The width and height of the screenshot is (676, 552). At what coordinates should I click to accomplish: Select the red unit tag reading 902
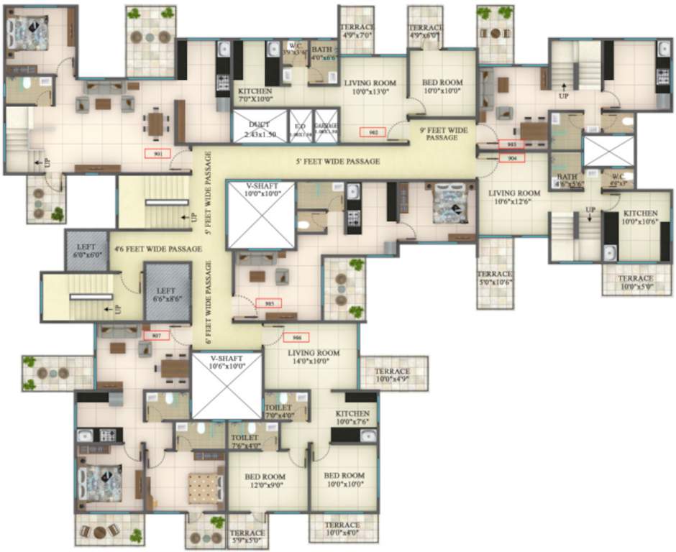click(x=373, y=132)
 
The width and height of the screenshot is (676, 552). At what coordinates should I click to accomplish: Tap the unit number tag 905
click(x=268, y=303)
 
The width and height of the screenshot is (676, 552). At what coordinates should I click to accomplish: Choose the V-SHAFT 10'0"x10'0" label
click(x=260, y=189)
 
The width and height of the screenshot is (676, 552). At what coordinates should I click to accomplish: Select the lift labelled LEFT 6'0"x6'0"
click(x=86, y=250)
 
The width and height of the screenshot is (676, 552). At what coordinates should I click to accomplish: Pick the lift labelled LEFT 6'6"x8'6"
click(x=165, y=293)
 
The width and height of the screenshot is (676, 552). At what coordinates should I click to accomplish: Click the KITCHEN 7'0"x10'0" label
click(x=255, y=96)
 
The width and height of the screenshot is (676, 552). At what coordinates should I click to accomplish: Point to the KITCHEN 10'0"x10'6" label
click(x=640, y=218)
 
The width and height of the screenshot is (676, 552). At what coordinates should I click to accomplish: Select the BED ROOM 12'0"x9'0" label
click(x=265, y=481)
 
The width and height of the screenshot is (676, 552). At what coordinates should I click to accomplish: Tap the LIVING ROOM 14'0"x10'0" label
click(x=314, y=357)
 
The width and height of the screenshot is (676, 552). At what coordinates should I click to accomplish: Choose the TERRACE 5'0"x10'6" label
click(x=495, y=278)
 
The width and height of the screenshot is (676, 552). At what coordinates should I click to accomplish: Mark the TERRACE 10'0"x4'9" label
click(x=393, y=375)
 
